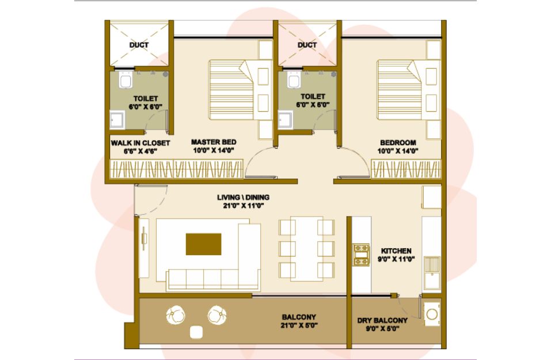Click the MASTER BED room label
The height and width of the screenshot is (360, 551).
pyautogui.click(x=214, y=142)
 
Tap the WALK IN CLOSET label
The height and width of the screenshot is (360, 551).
pyautogui.click(x=140, y=143)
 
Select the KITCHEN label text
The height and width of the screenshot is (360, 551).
pyautogui.click(x=396, y=251)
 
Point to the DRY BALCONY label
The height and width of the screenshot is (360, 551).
pyautogui.click(x=382, y=320)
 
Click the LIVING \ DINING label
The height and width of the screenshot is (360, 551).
pyautogui.click(x=243, y=198)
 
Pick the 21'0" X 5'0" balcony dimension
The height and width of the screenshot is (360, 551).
pyautogui.click(x=299, y=325)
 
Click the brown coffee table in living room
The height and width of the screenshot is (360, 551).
pyautogui.click(x=203, y=244)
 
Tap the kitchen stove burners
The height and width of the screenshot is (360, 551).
pyautogui.click(x=361, y=255)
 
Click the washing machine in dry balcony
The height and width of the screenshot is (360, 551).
pyautogui.click(x=432, y=313)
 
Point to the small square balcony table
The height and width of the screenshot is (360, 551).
pyautogui.click(x=196, y=332)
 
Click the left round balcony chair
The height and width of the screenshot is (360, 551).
pyautogui.click(x=176, y=315)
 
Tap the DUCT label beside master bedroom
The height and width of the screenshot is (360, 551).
pyautogui.click(x=139, y=45)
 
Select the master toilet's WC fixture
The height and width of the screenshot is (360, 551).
pyautogui.click(x=126, y=80)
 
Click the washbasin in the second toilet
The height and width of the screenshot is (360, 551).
pyautogui.click(x=285, y=120)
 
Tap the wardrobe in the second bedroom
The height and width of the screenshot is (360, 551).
pyautogui.click(x=406, y=169)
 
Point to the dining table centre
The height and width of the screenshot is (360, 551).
pyautogui.click(x=307, y=249)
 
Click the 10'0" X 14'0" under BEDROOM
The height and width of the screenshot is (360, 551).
pyautogui.click(x=398, y=151)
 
